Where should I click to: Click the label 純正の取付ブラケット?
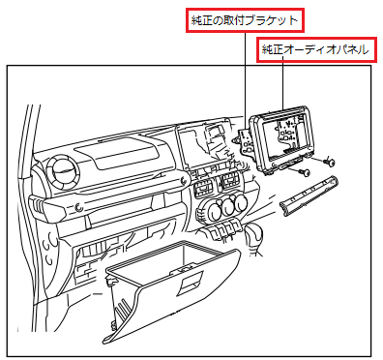pos(242,18)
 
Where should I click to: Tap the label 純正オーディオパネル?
pos(315,49)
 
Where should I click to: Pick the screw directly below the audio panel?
pos(303,172)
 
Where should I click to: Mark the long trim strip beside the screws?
pos(309,193)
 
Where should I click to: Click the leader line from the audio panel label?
pos(283,87)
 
